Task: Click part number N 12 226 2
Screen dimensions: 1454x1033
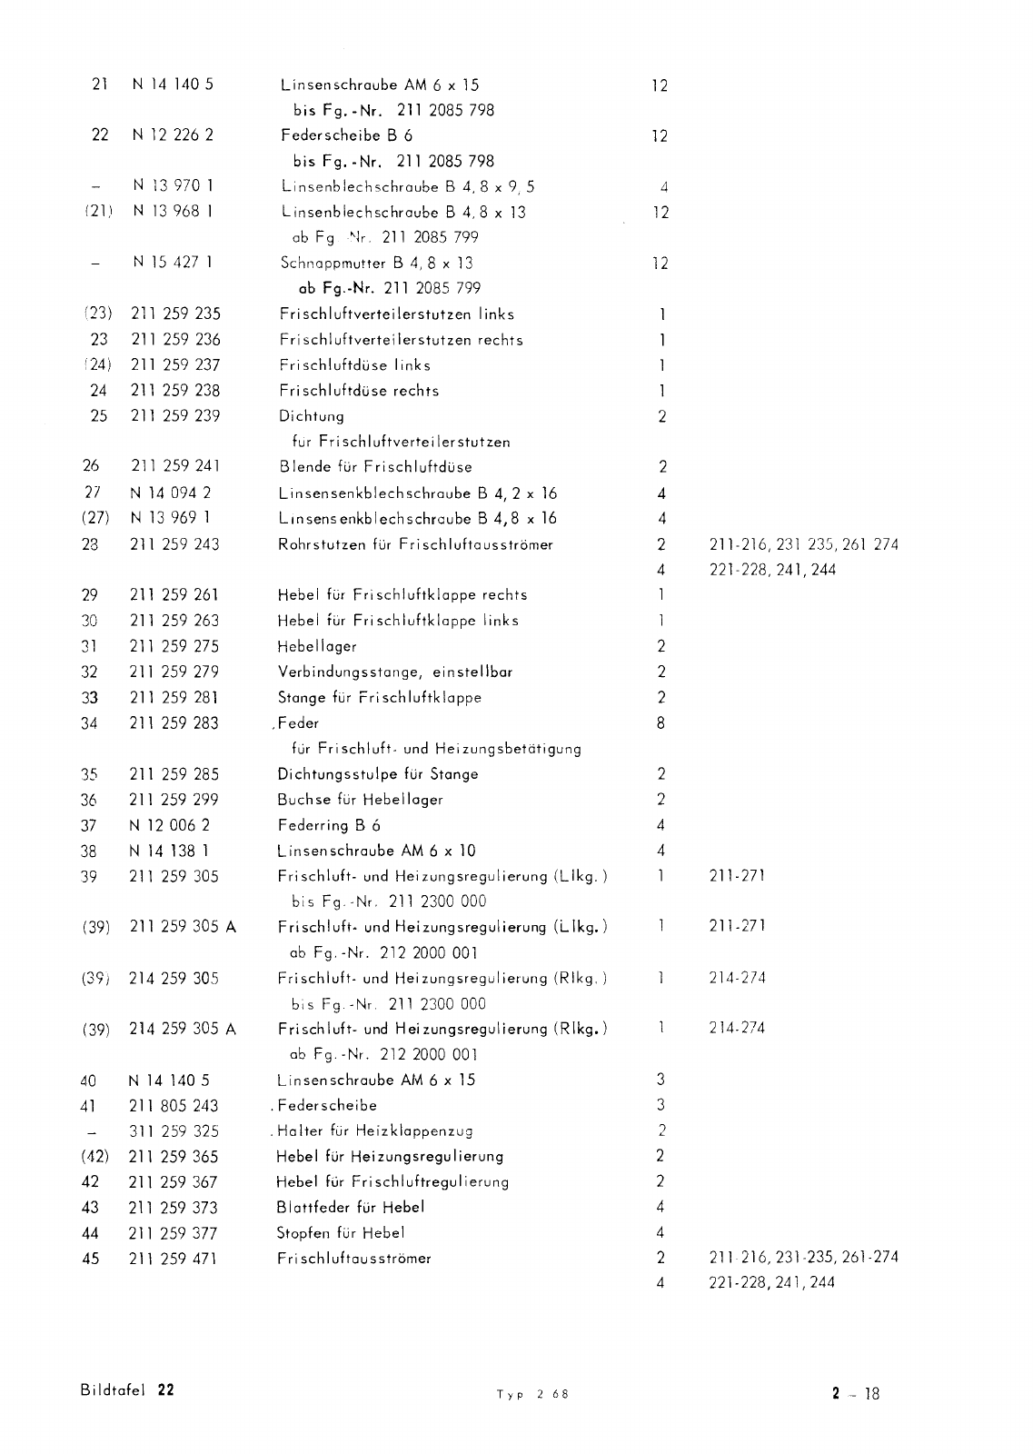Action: (173, 135)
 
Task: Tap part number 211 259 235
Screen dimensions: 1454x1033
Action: (175, 314)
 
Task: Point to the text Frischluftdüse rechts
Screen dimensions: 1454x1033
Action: (359, 390)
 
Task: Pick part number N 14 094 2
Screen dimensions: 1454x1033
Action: (171, 493)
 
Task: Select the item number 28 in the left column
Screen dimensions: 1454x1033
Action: (90, 544)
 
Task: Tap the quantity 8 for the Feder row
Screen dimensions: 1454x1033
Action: (661, 723)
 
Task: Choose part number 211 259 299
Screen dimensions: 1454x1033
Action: (174, 800)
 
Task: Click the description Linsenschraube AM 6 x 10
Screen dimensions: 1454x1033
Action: (376, 851)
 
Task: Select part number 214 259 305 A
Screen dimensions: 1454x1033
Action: (183, 1029)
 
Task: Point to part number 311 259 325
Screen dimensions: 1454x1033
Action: (174, 1131)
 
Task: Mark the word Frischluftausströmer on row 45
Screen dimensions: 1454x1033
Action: (353, 1259)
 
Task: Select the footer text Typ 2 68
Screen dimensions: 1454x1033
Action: (532, 1394)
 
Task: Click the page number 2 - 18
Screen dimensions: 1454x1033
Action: (855, 1393)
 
